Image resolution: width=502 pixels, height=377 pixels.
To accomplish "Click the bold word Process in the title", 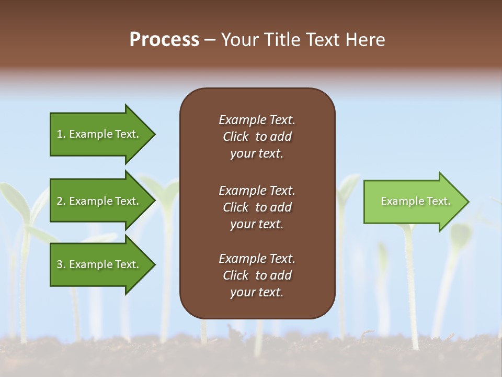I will (164, 40).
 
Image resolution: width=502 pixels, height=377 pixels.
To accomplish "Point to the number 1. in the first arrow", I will (61, 134).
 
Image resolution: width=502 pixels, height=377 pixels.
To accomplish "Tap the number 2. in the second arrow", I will (61, 201).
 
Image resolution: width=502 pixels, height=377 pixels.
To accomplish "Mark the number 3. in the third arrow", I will (61, 264).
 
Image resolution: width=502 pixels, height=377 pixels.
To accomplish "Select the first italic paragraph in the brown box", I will (257, 137).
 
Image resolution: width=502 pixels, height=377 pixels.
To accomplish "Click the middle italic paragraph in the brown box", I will (257, 207).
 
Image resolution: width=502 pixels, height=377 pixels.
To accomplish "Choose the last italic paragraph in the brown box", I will (257, 275).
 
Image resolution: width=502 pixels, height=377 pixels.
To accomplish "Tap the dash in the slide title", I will (210, 40).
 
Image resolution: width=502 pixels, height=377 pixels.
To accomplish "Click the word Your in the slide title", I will (239, 40).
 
